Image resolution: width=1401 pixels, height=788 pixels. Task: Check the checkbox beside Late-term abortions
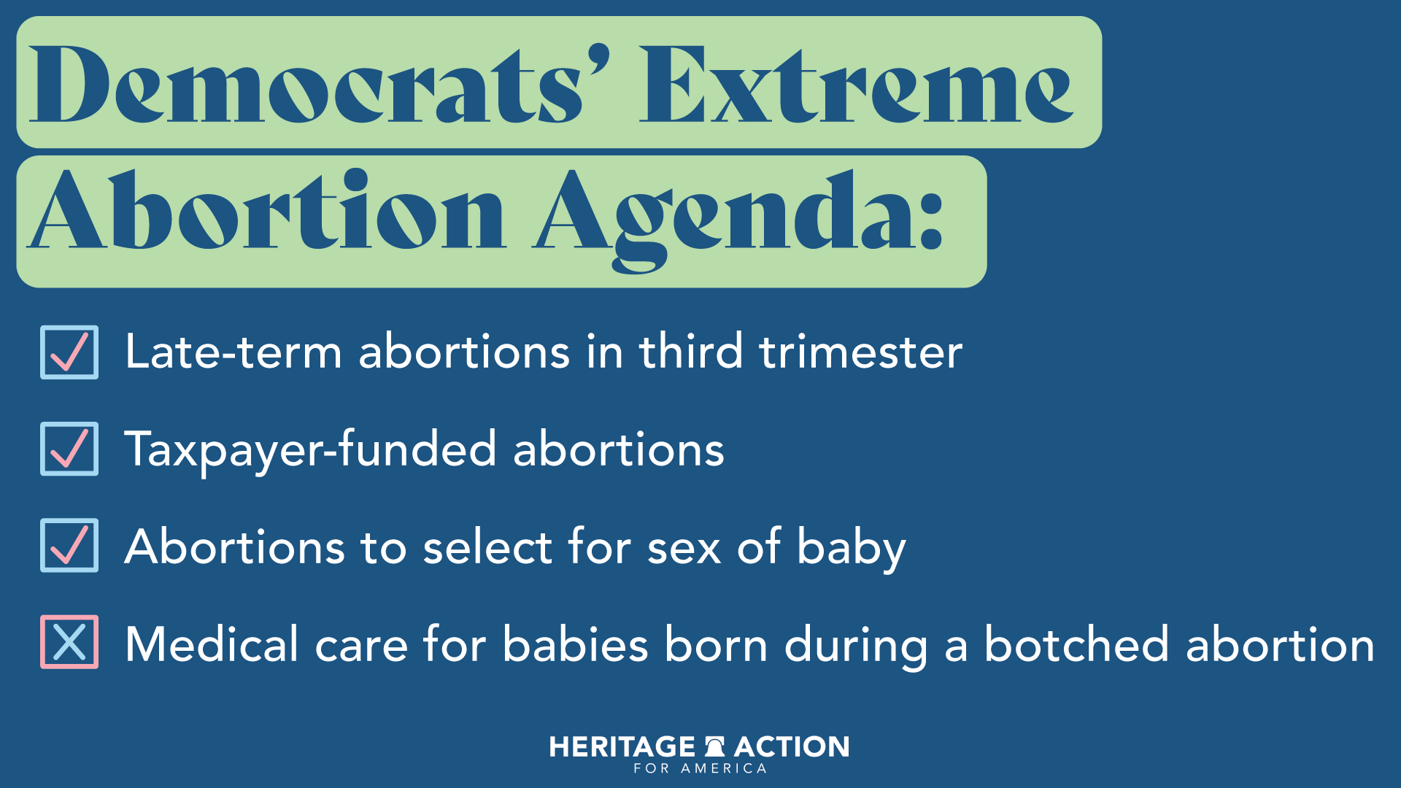point(69,352)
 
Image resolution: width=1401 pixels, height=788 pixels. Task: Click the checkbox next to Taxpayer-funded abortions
point(69,449)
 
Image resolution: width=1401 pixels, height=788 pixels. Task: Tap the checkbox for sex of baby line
point(69,546)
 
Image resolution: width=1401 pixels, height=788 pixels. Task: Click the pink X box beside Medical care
point(69,642)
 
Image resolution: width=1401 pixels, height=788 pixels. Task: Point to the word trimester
point(860,352)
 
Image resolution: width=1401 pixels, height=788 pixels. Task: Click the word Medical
point(212,644)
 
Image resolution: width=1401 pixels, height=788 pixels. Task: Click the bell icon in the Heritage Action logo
point(714,746)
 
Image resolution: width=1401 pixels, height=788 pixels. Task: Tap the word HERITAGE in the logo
point(622,747)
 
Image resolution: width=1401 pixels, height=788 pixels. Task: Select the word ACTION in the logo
point(792,747)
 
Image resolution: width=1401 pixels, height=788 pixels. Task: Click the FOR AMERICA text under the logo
point(700,768)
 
